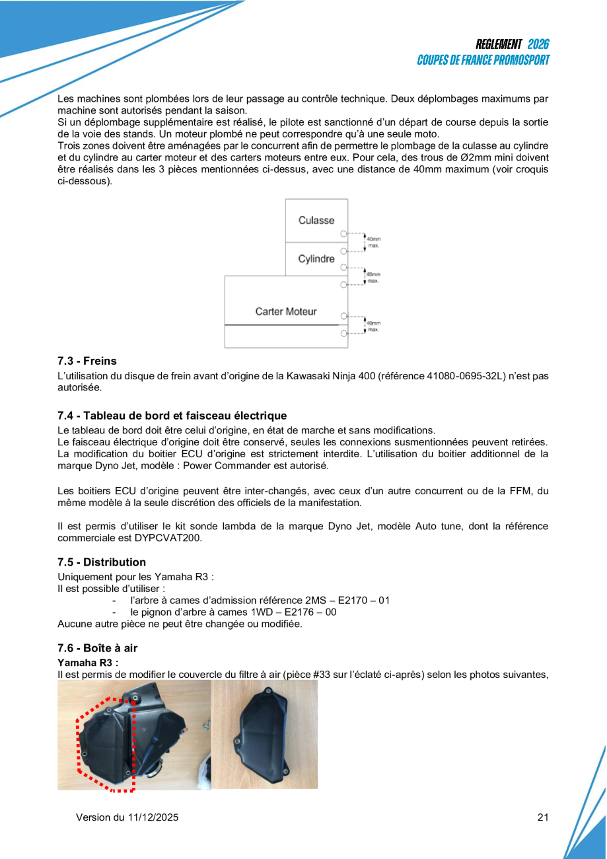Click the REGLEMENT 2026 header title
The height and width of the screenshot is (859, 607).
pos(512,44)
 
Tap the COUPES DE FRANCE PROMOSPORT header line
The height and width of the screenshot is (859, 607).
pos(483,60)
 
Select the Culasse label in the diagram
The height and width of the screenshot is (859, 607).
pos(316,220)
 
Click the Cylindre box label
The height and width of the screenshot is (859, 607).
pos(316,258)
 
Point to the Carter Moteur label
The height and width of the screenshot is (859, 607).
pos(286,311)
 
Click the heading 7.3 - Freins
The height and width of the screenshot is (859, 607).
pos(87,361)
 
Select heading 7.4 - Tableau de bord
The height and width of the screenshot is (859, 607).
pos(172,416)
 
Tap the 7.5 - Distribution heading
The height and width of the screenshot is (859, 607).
pos(102,562)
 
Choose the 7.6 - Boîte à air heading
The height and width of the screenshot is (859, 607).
pos(98,648)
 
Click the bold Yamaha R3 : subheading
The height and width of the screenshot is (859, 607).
pos(88,663)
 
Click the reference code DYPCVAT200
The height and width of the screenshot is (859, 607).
pos(170,538)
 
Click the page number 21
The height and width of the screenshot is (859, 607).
pos(543,817)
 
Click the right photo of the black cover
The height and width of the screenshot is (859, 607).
pos(264,735)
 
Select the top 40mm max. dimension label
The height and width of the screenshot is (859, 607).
pos(374,243)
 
